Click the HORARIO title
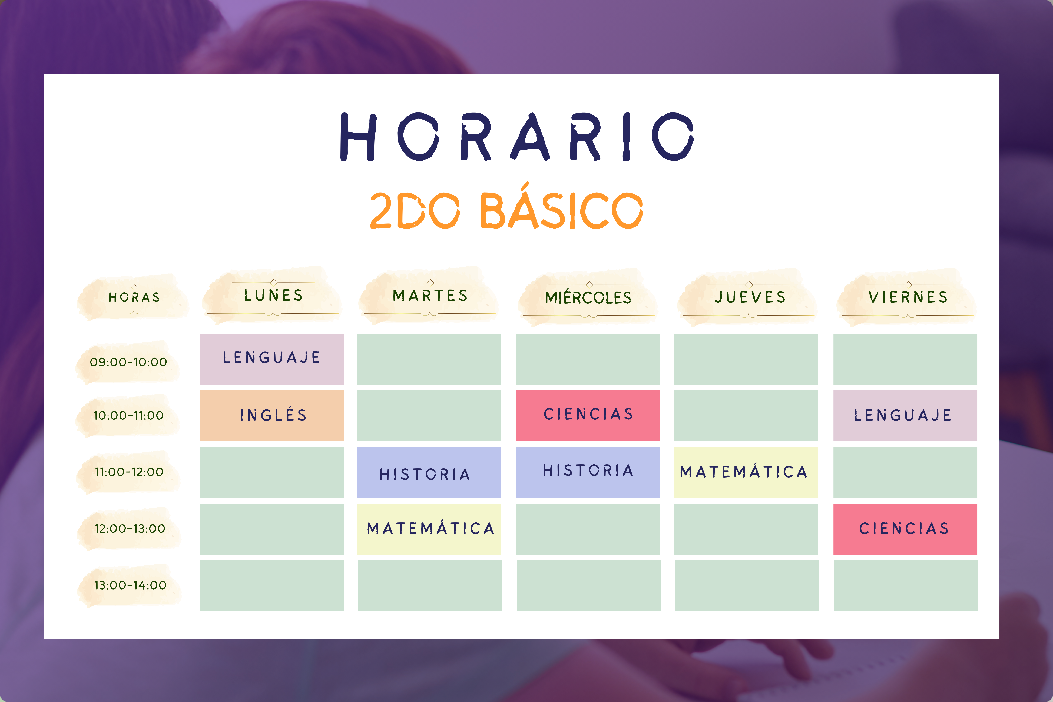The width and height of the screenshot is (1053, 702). coord(517,137)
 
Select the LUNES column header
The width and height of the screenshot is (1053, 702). coord(273,296)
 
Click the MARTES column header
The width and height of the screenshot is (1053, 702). coord(430,296)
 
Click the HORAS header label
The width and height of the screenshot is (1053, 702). coord(134,297)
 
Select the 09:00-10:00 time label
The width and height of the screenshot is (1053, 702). coord(128,362)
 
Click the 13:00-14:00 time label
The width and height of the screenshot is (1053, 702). coord(130,585)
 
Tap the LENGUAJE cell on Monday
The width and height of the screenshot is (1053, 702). coord(272,359)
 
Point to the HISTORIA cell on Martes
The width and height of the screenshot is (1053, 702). coord(429,472)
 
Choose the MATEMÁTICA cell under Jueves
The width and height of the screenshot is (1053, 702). coord(746,472)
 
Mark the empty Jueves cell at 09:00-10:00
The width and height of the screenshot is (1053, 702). coord(746,359)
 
